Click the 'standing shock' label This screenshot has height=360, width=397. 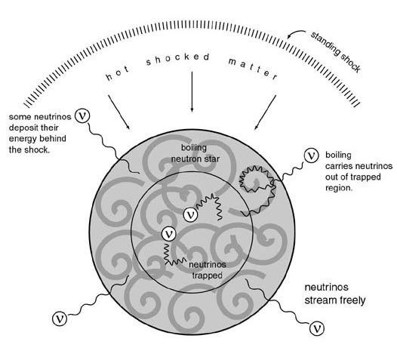point(335,52)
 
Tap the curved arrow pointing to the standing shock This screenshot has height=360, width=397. point(294,33)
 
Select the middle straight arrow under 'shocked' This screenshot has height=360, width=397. point(192,91)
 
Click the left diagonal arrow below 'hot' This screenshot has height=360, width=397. point(118,112)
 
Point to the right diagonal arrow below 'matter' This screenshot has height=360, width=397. point(265,112)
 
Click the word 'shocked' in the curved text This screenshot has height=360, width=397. point(177,59)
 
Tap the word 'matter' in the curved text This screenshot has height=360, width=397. point(253,69)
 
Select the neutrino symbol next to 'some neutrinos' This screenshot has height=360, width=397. point(82,115)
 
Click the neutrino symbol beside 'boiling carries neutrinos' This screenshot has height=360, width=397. point(311,155)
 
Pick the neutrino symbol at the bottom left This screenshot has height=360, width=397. point(60,318)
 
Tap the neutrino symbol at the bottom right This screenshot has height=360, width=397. point(317,328)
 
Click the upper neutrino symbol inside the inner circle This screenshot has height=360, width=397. point(191,214)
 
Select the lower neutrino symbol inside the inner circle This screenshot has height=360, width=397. point(169,234)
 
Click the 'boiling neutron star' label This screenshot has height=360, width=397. point(195,153)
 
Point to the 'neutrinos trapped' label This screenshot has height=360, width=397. point(208,270)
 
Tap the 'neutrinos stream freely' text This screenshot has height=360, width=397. point(334,294)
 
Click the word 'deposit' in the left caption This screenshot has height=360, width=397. point(25,128)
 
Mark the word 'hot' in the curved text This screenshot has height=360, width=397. point(117,73)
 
